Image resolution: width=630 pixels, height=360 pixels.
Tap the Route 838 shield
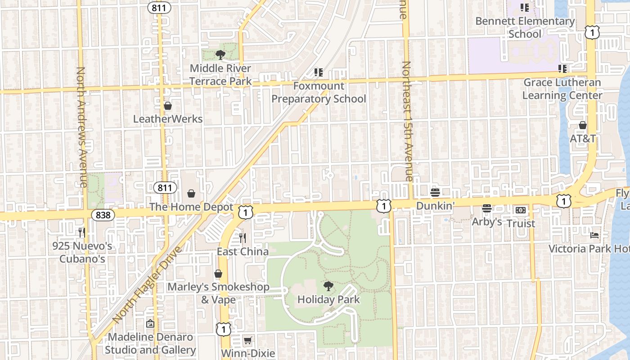click(x=103, y=215)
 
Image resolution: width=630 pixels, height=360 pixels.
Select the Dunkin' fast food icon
click(x=435, y=193)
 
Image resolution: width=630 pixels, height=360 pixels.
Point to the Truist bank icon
click(x=521, y=210)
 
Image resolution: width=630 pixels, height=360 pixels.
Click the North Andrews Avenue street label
click(x=81, y=127)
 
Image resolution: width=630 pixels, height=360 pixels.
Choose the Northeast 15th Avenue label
click(x=406, y=121)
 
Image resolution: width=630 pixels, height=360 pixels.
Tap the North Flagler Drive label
click(x=146, y=285)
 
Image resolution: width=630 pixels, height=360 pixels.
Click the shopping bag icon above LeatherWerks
click(x=168, y=106)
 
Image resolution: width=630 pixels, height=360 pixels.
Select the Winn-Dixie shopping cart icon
click(x=247, y=340)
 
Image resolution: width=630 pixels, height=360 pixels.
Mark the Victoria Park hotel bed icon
click(x=594, y=235)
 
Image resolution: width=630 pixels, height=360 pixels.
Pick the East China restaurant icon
click(x=243, y=238)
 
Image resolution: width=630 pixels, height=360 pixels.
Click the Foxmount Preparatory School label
click(x=319, y=92)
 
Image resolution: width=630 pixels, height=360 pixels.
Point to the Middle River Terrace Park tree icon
click(x=220, y=55)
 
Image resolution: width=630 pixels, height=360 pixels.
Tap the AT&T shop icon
click(x=583, y=125)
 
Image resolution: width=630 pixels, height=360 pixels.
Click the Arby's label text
click(x=486, y=222)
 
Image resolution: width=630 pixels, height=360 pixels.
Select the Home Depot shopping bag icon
click(x=191, y=193)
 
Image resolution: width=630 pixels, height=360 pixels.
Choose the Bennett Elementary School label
click(x=525, y=27)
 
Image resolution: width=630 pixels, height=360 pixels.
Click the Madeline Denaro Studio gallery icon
click(x=150, y=324)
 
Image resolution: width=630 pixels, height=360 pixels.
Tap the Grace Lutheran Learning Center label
click(x=562, y=89)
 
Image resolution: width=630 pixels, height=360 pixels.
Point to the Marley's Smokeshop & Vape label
click(x=218, y=293)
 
